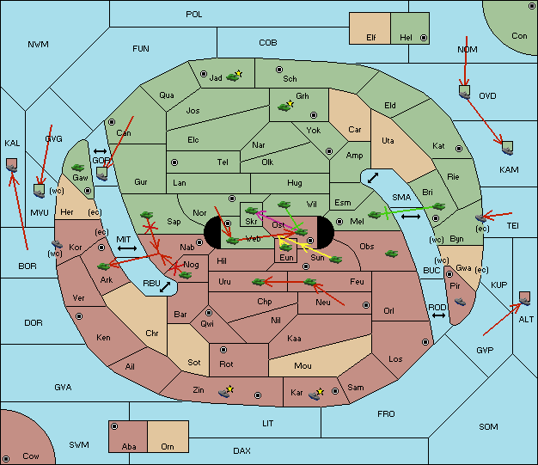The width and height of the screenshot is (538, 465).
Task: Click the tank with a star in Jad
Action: pyautogui.click(x=234, y=76)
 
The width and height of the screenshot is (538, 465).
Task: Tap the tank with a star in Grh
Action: pyautogui.click(x=286, y=106)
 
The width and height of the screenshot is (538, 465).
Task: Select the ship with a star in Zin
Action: pyautogui.click(x=226, y=392)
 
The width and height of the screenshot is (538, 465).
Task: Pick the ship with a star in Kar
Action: pyautogui.click(x=316, y=394)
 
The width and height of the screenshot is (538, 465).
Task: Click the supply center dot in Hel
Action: pyautogui.click(x=424, y=38)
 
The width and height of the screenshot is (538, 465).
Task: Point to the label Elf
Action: pyautogui.click(x=371, y=38)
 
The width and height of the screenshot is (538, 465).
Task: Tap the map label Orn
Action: pyautogui.click(x=168, y=446)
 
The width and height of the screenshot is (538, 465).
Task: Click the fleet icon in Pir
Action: pyautogui.click(x=460, y=302)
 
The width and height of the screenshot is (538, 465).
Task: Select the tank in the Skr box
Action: pyautogui.click(x=252, y=211)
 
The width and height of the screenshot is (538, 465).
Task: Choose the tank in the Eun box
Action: pyautogui.click(x=285, y=247)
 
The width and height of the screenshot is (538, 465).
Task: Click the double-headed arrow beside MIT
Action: pyautogui.click(x=127, y=248)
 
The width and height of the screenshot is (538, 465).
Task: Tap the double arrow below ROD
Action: pyautogui.click(x=438, y=315)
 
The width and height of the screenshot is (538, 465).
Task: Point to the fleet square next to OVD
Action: pyautogui.click(x=465, y=92)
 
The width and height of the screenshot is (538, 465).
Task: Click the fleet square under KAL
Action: pyautogui.click(x=12, y=165)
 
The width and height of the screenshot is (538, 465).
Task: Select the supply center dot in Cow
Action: pyautogui.click(x=6, y=459)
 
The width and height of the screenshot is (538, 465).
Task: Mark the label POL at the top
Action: pyautogui.click(x=194, y=15)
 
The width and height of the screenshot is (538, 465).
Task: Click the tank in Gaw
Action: pyautogui.click(x=78, y=168)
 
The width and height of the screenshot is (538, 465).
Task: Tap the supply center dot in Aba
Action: pyautogui.click(x=114, y=426)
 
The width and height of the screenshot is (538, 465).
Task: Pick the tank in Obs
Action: pyautogui.click(x=392, y=254)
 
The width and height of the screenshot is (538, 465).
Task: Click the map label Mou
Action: pyautogui.click(x=303, y=366)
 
